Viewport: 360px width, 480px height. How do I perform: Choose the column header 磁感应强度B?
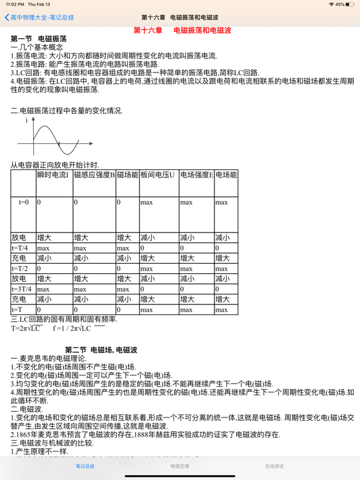pos(94,175)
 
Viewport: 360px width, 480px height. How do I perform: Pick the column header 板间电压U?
pos(157,175)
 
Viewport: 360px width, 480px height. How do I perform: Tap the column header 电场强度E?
pos(196,175)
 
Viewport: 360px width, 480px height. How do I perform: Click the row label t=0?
pos(23,202)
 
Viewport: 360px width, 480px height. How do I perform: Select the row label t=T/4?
pos(20,248)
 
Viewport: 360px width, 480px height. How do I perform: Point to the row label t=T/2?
pos(20,269)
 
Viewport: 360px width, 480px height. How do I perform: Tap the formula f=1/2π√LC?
pos(72,328)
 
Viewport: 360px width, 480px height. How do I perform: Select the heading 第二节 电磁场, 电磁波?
pos(101,349)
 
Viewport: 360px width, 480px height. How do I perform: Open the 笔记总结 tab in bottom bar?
pos(85,466)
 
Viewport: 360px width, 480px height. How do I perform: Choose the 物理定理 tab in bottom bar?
pos(179,466)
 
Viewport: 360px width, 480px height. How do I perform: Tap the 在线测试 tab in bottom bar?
pos(274,466)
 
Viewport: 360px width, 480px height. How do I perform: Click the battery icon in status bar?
pos(350,4)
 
